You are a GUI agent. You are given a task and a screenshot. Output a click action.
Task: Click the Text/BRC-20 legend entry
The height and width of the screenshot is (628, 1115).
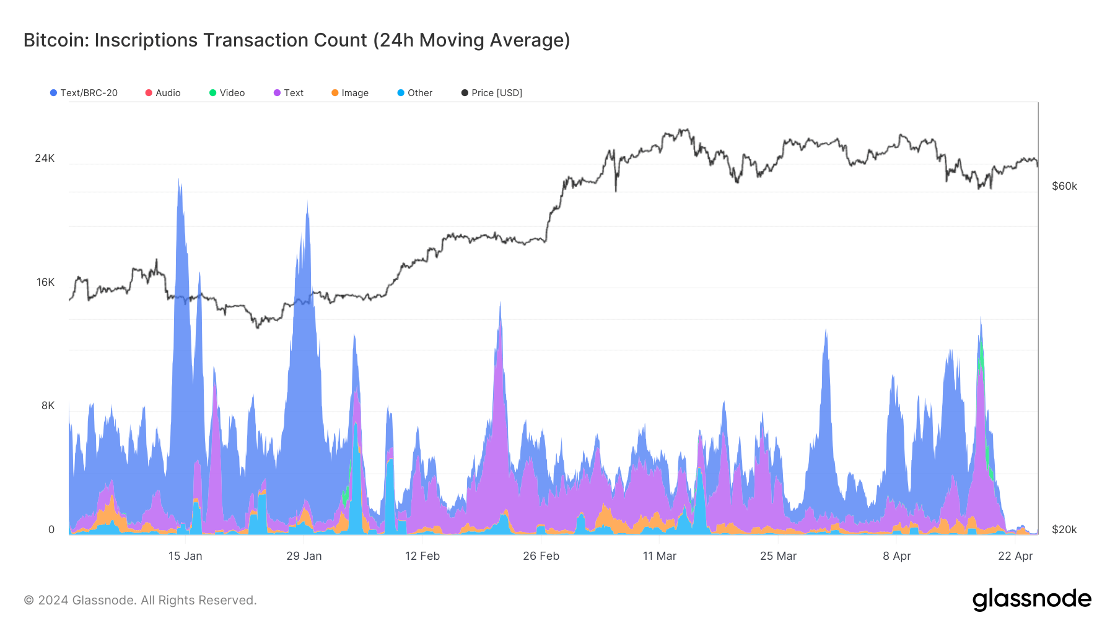[x=84, y=93]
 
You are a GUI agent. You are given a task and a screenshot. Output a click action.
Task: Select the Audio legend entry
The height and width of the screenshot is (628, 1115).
[x=163, y=93]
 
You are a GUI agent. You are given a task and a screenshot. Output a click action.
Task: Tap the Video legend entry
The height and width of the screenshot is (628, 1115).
[x=227, y=93]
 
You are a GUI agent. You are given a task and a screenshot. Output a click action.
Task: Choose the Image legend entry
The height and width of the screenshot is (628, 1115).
[x=350, y=93]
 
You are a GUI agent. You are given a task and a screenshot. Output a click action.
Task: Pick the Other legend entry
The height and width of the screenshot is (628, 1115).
[x=415, y=93]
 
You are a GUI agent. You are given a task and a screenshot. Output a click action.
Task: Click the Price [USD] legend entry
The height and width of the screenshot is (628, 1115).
[x=492, y=93]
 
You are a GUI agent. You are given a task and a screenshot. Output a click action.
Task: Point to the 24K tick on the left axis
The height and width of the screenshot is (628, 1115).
[x=45, y=158]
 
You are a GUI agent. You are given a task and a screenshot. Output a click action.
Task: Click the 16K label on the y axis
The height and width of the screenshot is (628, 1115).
[x=45, y=282]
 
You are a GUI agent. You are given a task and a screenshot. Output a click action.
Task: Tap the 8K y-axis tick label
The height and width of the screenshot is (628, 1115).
[x=48, y=405]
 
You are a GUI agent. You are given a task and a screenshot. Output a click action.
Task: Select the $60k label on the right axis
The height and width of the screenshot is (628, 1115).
[x=1064, y=186]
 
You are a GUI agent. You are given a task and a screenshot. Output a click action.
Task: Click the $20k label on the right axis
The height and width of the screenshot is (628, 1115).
[x=1064, y=529]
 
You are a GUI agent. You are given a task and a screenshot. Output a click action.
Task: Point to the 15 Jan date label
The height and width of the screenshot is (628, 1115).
[x=185, y=556]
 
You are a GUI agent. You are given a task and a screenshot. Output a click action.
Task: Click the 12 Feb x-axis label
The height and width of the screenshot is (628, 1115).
[x=422, y=556]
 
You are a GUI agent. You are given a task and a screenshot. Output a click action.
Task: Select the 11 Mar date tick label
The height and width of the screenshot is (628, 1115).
[x=660, y=556]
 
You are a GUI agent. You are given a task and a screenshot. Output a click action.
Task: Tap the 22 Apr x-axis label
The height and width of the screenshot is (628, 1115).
[x=1015, y=556]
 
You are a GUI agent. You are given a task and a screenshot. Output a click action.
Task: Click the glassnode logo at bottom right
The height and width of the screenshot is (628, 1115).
[x=1031, y=599]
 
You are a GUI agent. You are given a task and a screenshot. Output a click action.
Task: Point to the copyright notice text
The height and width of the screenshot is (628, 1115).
[x=140, y=600]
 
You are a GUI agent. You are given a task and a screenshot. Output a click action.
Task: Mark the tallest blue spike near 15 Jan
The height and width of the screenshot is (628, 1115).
[x=180, y=186]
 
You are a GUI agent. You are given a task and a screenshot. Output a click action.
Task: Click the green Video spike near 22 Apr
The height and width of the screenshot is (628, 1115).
[x=982, y=360]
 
